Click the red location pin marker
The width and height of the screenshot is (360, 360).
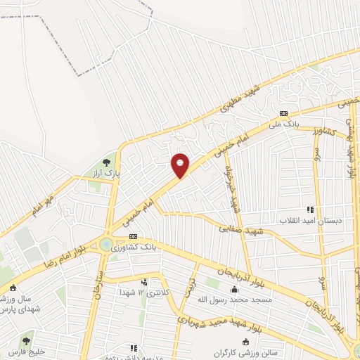click(x=181, y=165)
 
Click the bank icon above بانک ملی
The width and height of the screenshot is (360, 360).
click(x=283, y=112)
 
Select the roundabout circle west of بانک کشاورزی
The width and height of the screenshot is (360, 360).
click(x=106, y=244)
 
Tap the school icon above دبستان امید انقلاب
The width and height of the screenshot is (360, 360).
click(x=309, y=209)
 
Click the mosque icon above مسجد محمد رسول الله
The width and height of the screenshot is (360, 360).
click(x=234, y=290)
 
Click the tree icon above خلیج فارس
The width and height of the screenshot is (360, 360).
click(x=27, y=341)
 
